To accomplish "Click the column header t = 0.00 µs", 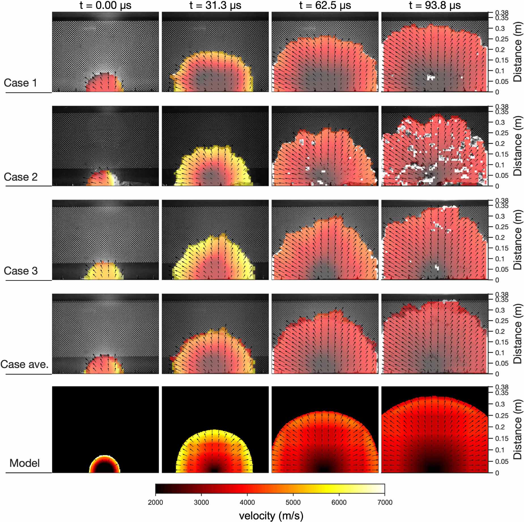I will pyautogui.click(x=105, y=5).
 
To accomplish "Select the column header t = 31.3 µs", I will pyautogui.click(x=215, y=5).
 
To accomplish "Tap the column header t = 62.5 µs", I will pyautogui.click(x=325, y=5).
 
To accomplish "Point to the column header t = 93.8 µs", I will pyautogui.click(x=435, y=5).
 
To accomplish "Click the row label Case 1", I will pyautogui.click(x=20, y=83).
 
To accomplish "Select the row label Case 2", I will pyautogui.click(x=21, y=177).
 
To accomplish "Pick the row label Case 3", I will pyautogui.click(x=21, y=271).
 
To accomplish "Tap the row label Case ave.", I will pyautogui.click(x=25, y=364).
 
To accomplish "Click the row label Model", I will pyautogui.click(x=25, y=463).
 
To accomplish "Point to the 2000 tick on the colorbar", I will pyautogui.click(x=156, y=502).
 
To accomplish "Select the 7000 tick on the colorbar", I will pyautogui.click(x=385, y=502).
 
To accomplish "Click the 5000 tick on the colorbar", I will pyautogui.click(x=293, y=502).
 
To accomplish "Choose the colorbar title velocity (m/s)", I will pyautogui.click(x=271, y=516).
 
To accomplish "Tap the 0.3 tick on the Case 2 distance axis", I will pyautogui.click(x=500, y=122).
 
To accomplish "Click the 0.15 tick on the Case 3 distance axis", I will pyautogui.click(x=502, y=248).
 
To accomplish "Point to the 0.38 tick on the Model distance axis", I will pyautogui.click(x=502, y=387).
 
